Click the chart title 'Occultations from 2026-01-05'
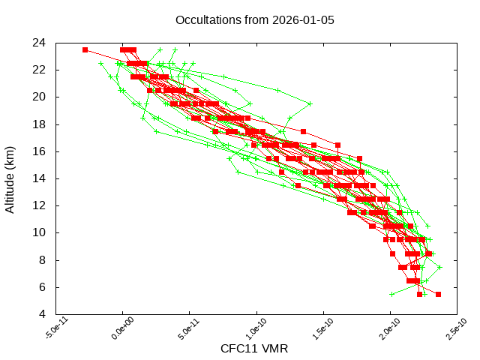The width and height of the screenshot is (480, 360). point(254,19)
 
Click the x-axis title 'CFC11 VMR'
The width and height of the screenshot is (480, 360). point(254,349)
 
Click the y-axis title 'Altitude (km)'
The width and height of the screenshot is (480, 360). point(10,178)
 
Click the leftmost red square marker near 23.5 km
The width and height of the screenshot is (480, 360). point(85,49)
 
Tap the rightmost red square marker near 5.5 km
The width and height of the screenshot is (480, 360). point(438,294)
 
